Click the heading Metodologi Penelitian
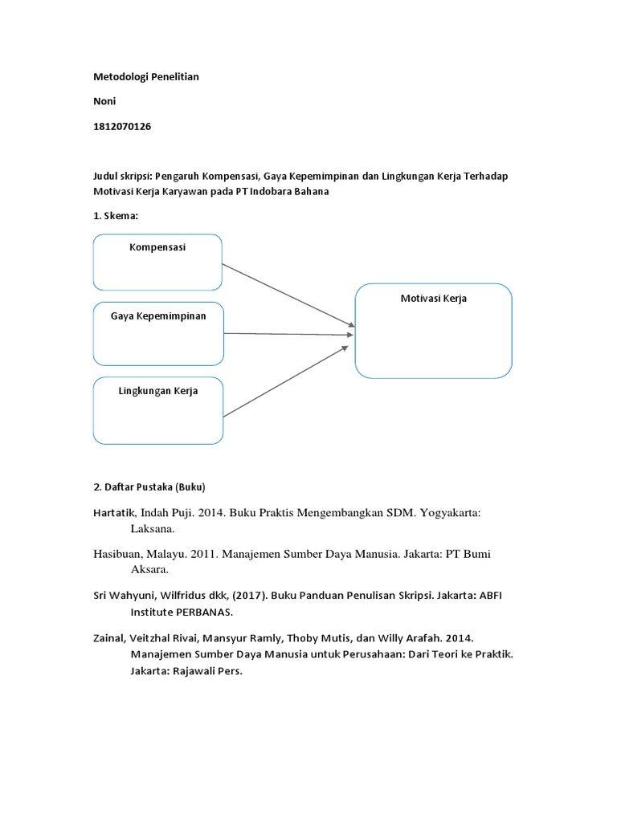145,77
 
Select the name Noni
105,102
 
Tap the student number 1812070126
122,127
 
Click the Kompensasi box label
157,247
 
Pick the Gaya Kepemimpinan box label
158,315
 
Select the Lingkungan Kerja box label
158,391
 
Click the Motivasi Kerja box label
433,298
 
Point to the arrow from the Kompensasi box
288,295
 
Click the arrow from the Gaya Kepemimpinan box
288,333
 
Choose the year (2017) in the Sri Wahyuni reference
247,596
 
